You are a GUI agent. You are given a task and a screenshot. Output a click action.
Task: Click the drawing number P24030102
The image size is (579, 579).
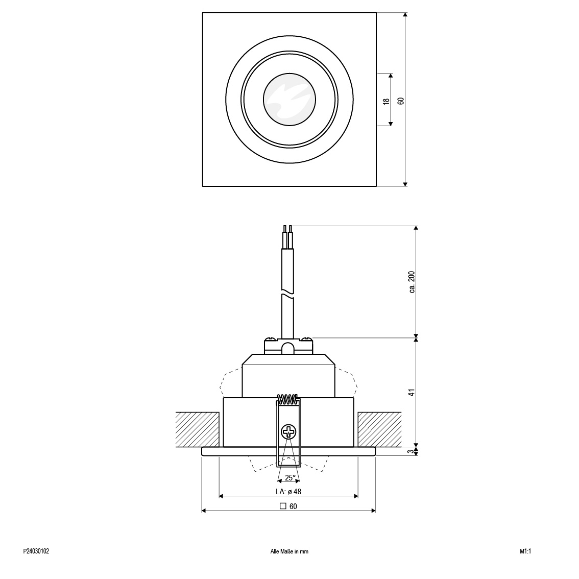coord(36,551)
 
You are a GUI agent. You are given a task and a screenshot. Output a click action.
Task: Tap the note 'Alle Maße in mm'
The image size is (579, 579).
coord(289,551)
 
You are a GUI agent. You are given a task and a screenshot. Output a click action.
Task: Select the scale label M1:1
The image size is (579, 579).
coord(525,551)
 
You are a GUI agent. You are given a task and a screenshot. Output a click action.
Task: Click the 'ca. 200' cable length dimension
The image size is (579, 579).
coord(412,282)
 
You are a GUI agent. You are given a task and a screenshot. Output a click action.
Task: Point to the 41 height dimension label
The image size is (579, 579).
coord(412,392)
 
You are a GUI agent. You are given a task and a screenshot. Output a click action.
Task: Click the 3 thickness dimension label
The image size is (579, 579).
coord(412,451)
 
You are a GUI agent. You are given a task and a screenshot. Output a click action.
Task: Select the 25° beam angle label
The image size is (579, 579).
coord(290,478)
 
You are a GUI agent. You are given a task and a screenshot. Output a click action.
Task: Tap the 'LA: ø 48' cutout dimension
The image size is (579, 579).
coord(288,492)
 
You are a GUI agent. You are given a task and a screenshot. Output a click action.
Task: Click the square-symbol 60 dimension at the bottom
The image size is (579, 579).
coord(288,506)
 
